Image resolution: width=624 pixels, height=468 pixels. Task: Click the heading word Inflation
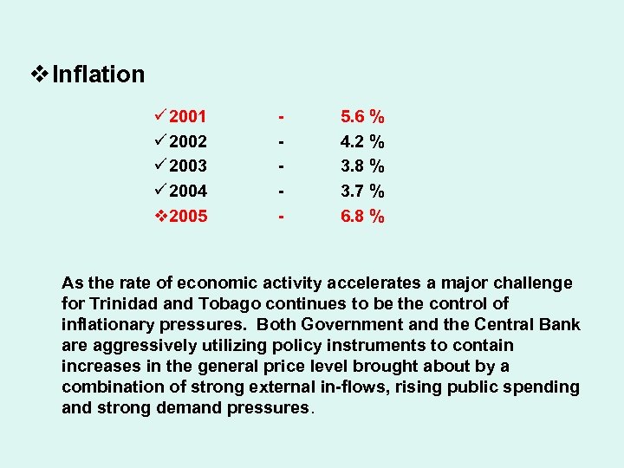tap(98, 75)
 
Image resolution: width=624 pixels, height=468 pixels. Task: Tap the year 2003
tap(188, 166)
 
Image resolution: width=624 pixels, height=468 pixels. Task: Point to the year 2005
tap(188, 216)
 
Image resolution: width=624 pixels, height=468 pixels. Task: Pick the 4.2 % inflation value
tap(362, 141)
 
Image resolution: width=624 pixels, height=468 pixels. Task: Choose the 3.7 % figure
tap(362, 191)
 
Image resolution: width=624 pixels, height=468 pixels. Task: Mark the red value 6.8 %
tap(362, 216)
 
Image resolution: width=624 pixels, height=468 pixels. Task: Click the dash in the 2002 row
tap(280, 141)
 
